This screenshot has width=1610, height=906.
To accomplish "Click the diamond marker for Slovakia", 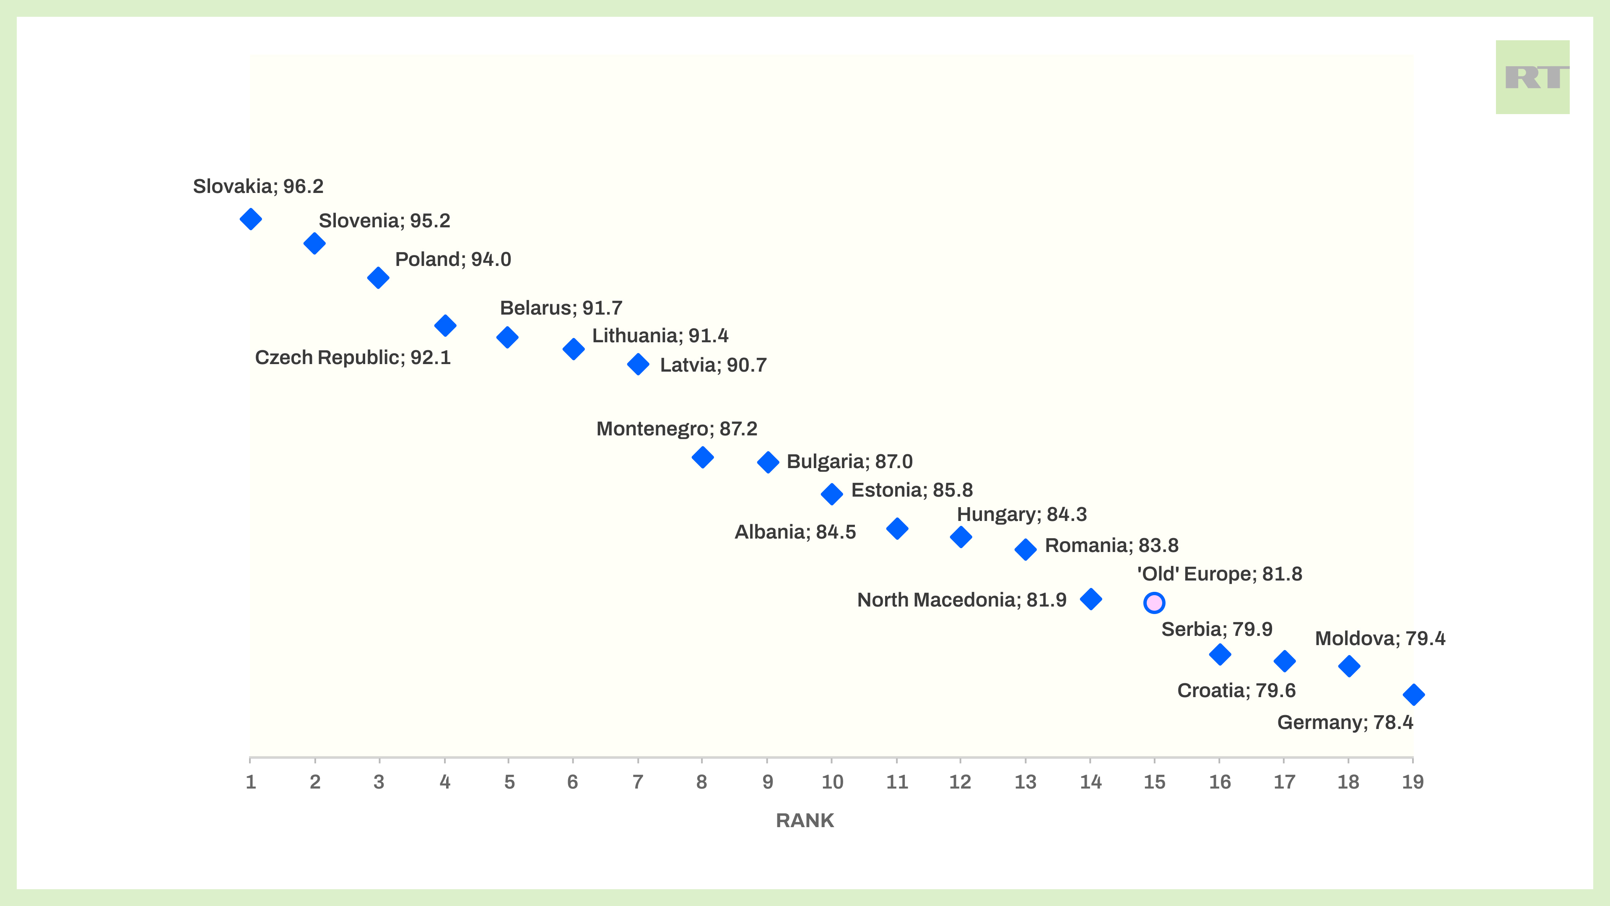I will tap(251, 219).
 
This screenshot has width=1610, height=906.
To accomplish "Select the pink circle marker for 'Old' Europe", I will tap(1154, 603).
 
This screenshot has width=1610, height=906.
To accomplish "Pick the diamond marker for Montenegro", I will tap(703, 457).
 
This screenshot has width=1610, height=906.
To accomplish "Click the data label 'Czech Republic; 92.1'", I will tap(353, 358).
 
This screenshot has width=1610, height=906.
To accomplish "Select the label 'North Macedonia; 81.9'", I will tap(961, 600).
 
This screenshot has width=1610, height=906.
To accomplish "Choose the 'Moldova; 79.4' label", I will tap(1380, 638).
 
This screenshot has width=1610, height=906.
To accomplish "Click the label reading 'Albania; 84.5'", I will tap(795, 532).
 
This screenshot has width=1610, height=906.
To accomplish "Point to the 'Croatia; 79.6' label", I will tap(1236, 691).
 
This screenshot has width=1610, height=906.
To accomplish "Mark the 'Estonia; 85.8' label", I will tap(912, 490).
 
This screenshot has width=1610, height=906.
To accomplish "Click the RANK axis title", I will tap(805, 820).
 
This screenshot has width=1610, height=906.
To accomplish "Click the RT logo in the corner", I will tap(1532, 78).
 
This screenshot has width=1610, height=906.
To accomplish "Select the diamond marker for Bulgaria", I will tap(768, 462).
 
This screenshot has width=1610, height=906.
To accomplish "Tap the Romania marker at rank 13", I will tap(1025, 549).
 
